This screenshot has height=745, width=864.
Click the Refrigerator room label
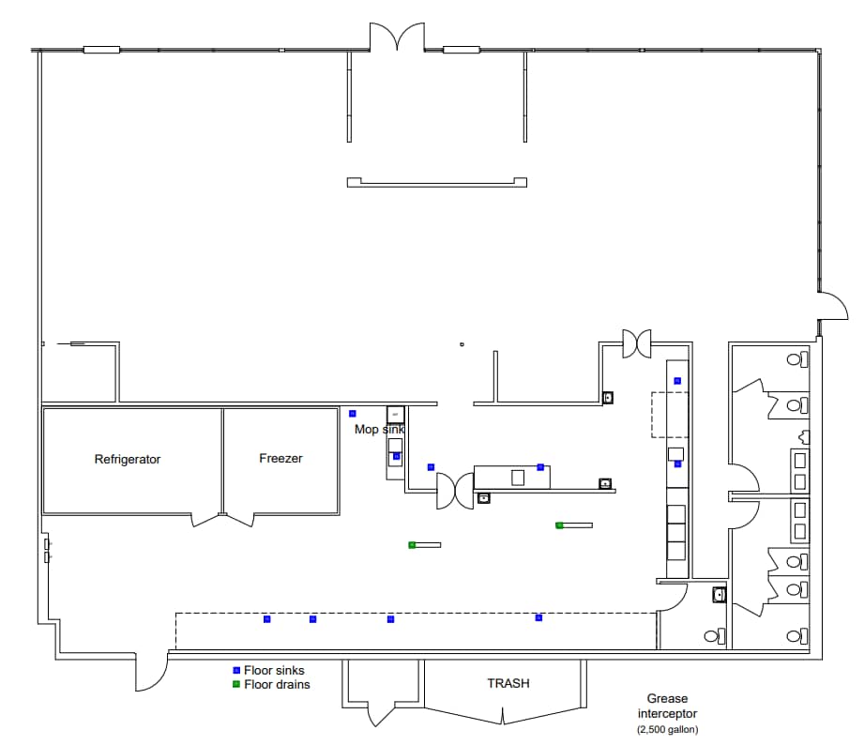point(128,460)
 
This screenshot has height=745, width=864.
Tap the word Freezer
point(280,459)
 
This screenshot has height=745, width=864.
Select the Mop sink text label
point(379,430)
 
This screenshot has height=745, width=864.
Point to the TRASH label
point(508,683)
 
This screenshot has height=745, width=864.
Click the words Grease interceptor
point(667,707)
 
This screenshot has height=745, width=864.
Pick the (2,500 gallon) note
point(667,730)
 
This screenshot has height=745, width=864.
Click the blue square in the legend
point(236,671)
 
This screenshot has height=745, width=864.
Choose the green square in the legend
point(236,684)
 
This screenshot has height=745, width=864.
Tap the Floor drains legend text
point(277,685)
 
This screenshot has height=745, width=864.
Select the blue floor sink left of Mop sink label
point(353,413)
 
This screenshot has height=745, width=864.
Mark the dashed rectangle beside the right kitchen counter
point(671,415)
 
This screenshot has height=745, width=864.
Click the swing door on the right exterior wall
point(832,307)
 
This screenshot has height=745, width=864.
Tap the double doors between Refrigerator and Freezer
point(222,519)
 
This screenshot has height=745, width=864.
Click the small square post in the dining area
point(462,344)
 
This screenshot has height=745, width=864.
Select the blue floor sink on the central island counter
point(540,466)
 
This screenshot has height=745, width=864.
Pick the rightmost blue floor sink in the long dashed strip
point(538,617)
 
